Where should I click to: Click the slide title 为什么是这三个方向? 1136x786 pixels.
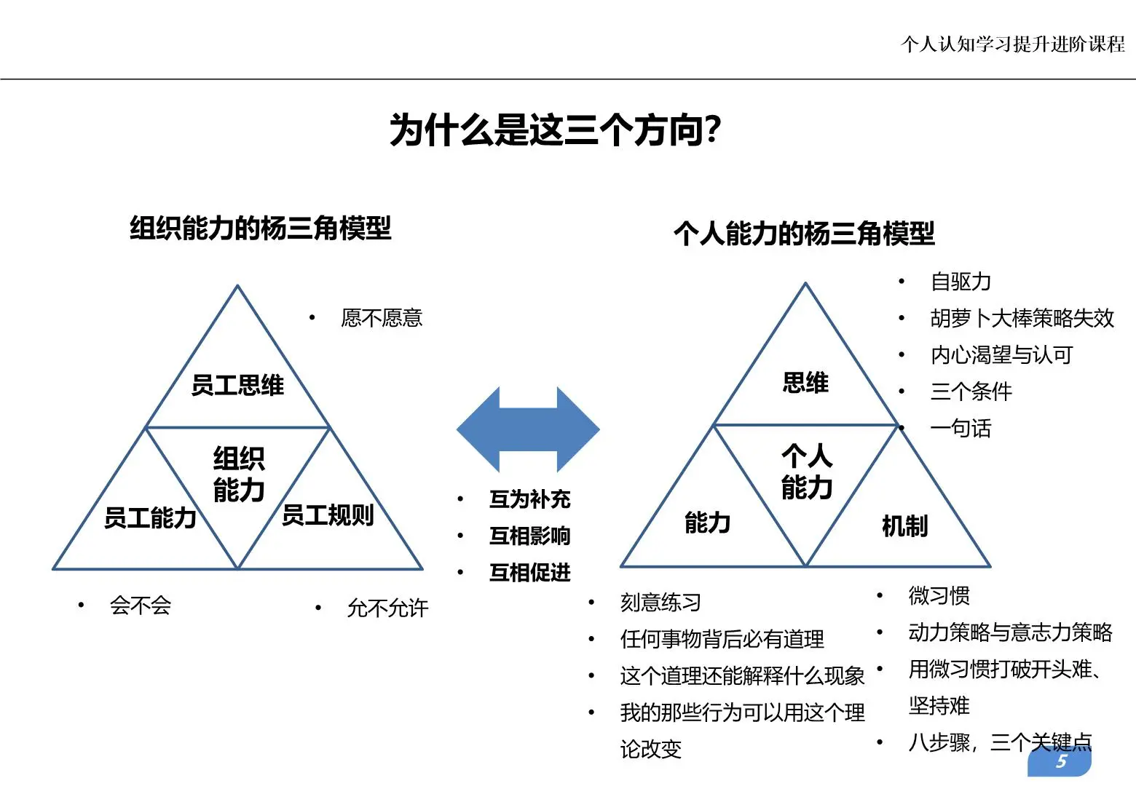point(555,131)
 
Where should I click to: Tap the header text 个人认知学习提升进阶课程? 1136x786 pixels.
point(1012,44)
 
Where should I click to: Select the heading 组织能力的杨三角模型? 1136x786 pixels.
point(260,229)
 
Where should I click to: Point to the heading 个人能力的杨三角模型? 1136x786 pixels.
point(804,234)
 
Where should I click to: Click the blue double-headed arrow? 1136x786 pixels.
point(528,429)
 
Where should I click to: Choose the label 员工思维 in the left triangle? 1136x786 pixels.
point(237,385)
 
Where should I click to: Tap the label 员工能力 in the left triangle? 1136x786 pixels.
point(150,517)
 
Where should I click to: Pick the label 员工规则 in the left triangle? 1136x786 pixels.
point(327,515)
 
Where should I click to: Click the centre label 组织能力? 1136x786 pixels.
point(239,475)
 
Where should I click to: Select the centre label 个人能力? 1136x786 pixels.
point(807,472)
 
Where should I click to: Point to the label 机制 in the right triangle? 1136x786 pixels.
point(904,525)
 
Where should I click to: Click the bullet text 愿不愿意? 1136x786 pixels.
point(382,318)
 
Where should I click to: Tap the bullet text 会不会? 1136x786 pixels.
point(141,606)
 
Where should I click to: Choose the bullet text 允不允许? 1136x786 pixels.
point(387,608)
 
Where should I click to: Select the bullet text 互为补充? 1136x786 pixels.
point(529,499)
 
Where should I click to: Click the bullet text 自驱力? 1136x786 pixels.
point(961,282)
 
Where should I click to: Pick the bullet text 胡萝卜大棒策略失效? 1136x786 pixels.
point(1022,318)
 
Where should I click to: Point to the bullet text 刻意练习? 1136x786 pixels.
point(660,603)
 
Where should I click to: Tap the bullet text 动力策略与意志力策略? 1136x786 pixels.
point(1010,632)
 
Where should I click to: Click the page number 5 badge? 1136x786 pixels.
point(1060,762)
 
